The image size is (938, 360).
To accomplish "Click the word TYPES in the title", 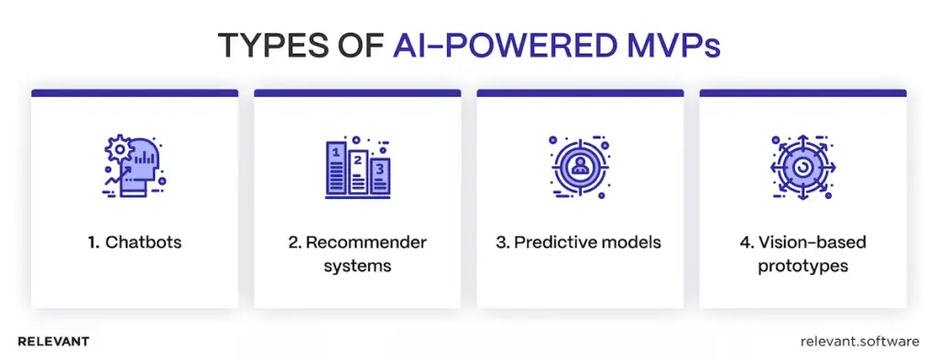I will point(265,44).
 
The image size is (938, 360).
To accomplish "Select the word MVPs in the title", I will point(671,44).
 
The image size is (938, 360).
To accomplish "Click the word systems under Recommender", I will point(357,266).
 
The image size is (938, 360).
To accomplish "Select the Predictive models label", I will point(580,243).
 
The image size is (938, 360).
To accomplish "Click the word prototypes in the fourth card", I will point(802,266).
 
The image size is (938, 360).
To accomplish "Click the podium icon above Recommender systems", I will point(358,169).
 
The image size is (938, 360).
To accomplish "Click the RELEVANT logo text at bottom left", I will point(53,341).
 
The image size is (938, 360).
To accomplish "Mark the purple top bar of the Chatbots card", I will point(135,93).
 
